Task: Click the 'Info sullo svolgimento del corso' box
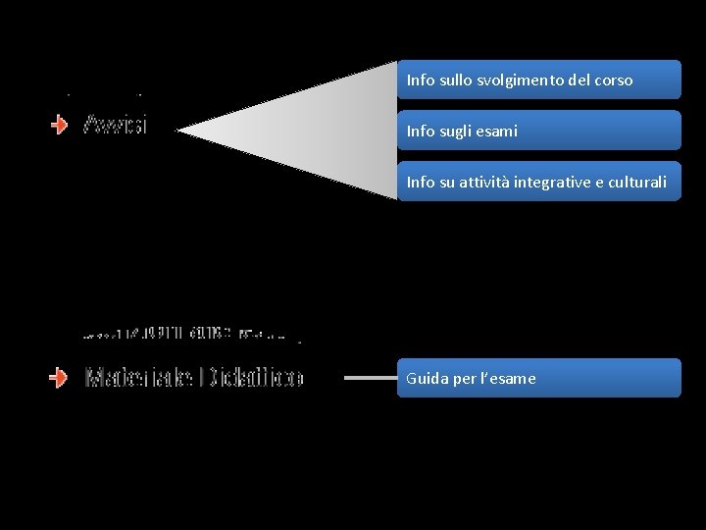click(538, 79)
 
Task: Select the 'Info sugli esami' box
click(538, 131)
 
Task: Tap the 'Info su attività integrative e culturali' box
click(538, 182)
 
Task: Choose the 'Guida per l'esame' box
click(538, 378)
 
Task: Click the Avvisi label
click(116, 125)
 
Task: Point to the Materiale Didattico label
click(194, 377)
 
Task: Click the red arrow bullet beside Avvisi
click(60, 125)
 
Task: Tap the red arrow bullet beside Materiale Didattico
click(60, 377)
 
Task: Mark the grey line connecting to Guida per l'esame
click(371, 377)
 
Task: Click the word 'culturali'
click(637, 183)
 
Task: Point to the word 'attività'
click(494, 183)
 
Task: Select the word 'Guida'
click(428, 379)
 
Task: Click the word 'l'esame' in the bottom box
click(508, 379)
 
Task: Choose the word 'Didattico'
click(253, 377)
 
